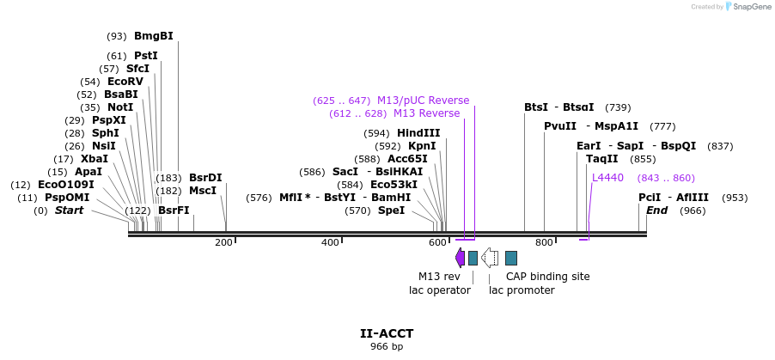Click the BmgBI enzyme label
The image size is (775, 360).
153,36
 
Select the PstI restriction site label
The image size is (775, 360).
146,56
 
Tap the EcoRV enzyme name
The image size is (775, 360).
125,82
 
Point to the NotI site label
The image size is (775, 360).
120,107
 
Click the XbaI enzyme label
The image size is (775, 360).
95,159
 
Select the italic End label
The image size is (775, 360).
656,211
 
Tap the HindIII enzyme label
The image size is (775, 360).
418,133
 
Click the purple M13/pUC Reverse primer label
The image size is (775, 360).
424,101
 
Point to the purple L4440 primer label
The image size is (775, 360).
607,178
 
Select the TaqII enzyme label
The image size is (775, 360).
601,159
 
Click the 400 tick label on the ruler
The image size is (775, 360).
331,243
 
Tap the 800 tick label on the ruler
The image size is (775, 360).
544,243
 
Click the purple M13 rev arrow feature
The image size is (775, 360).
461,258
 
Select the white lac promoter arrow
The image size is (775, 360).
490,258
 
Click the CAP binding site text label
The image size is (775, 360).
547,277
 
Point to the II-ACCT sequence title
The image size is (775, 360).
387,333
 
